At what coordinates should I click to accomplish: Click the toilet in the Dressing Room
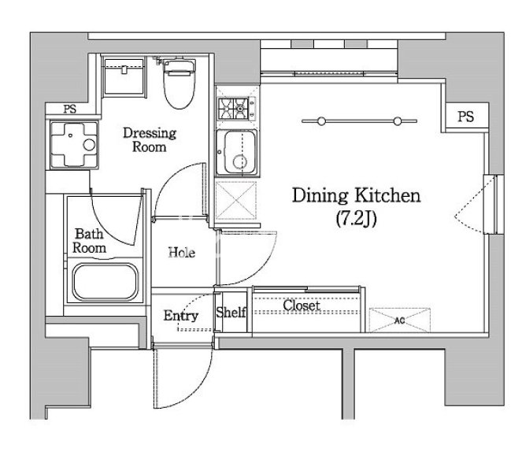coord(179,84)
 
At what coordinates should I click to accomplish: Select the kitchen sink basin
coord(237,152)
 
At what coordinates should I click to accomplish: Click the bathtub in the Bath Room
coord(106,283)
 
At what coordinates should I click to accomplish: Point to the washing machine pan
coord(74,145)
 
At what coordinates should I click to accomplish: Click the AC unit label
coord(399,321)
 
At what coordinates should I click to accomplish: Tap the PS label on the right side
coord(465,117)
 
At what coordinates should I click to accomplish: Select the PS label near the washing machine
coord(70,109)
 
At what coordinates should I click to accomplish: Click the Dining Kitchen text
coord(356,195)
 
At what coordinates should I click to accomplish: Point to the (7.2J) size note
coord(356,219)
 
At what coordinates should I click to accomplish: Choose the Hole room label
coord(181,253)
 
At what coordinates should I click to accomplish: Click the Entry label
coord(181,316)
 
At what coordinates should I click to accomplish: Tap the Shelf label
coord(231,312)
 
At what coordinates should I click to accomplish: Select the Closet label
coord(302,305)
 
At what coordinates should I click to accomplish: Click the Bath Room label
coord(89,241)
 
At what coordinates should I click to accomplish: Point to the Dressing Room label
coord(150,140)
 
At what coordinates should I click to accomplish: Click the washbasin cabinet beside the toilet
coord(124,78)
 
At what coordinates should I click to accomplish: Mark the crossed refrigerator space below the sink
coord(236,201)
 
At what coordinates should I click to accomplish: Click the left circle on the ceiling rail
coord(321,121)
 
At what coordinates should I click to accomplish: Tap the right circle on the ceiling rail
coord(398,121)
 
